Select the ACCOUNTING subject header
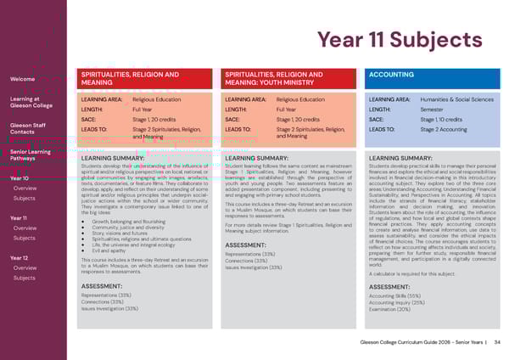click(x=391, y=75)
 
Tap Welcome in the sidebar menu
click(x=22, y=79)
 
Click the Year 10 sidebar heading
click(x=20, y=178)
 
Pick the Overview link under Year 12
click(x=25, y=267)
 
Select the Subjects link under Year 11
click(x=25, y=238)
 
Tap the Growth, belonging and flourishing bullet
click(x=128, y=222)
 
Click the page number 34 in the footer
click(x=497, y=342)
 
